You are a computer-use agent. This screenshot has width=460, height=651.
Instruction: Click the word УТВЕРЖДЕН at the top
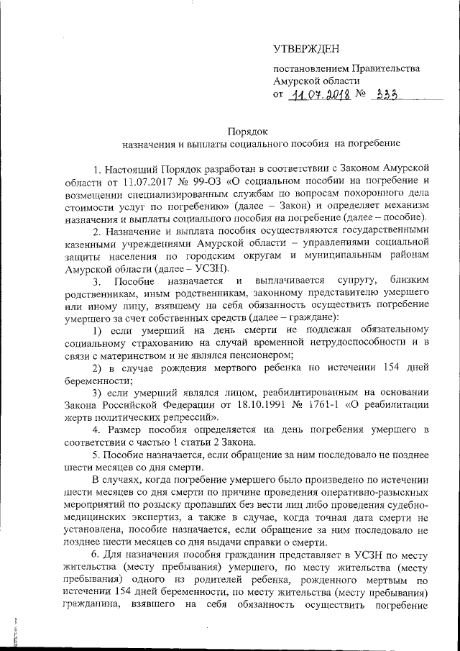[305, 49]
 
